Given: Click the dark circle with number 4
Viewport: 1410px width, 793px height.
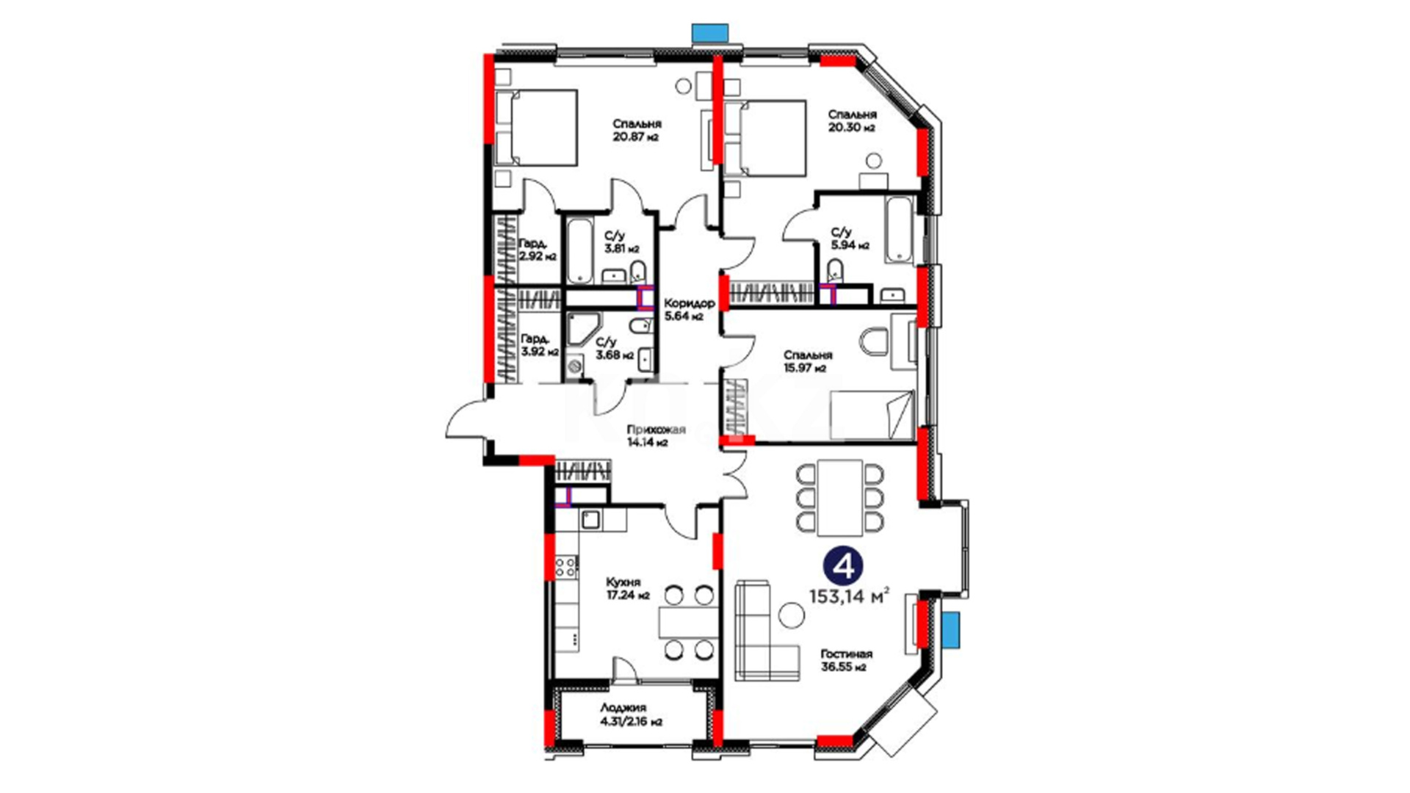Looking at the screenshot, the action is [x=842, y=566].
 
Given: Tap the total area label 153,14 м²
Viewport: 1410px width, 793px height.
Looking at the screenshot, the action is [x=850, y=595].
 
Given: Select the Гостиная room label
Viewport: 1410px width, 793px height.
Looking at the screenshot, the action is [x=846, y=654].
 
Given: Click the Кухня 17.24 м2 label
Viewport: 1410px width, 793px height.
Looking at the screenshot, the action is [x=628, y=589].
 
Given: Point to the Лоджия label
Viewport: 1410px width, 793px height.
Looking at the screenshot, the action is [x=623, y=708].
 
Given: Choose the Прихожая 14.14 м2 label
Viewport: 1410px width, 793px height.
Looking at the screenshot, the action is [x=656, y=436].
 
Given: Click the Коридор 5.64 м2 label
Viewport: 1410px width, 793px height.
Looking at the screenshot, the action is [x=689, y=310].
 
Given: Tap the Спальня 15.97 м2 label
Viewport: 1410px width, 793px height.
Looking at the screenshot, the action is [x=808, y=361].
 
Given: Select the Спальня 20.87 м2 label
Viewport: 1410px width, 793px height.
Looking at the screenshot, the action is [x=637, y=130].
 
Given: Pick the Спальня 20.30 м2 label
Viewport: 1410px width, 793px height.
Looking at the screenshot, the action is [x=852, y=121].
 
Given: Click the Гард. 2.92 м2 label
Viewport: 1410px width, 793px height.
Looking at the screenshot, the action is [x=537, y=250].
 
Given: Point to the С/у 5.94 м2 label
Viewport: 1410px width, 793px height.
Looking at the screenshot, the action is [x=850, y=239].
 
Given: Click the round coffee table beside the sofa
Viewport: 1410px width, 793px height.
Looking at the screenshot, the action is [x=791, y=615].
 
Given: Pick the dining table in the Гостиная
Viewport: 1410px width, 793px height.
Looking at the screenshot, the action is [x=841, y=498].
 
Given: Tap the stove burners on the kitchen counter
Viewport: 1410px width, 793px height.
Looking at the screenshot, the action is [x=565, y=566].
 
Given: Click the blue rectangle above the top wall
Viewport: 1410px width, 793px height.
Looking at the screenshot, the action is [x=710, y=32].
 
